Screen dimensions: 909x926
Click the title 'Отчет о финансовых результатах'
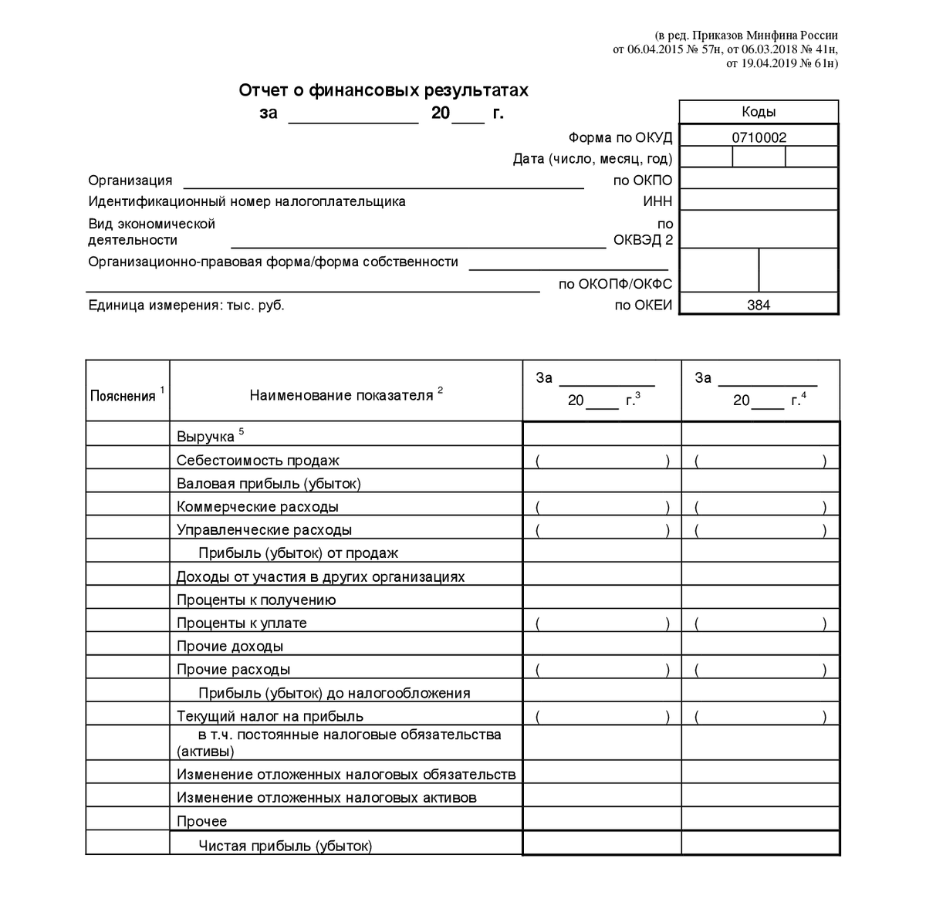pos(384,91)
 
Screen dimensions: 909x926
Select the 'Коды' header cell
pos(758,112)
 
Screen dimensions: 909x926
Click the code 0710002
pos(758,137)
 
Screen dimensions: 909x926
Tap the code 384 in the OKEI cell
pos(758,305)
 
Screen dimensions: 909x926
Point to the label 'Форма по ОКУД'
pos(620,137)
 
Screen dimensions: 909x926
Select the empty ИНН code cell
pos(758,201)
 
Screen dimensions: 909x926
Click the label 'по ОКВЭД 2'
pos(643,232)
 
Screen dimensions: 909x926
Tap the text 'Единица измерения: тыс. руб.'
pos(186,305)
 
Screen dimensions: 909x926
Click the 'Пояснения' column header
pos(123,396)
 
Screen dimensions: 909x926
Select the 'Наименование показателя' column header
pos(342,395)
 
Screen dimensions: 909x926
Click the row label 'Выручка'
pos(205,437)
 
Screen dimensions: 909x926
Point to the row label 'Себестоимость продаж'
pos(258,461)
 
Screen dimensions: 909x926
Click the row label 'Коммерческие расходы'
pos(258,507)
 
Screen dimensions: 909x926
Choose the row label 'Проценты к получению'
pos(256,600)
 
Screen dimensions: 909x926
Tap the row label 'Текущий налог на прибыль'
pos(270,716)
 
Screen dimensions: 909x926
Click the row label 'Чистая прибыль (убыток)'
pos(286,846)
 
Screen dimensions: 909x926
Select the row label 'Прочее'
pos(201,821)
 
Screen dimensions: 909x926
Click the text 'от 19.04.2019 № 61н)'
pos(782,63)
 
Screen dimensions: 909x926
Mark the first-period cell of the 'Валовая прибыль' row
pos(602,483)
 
